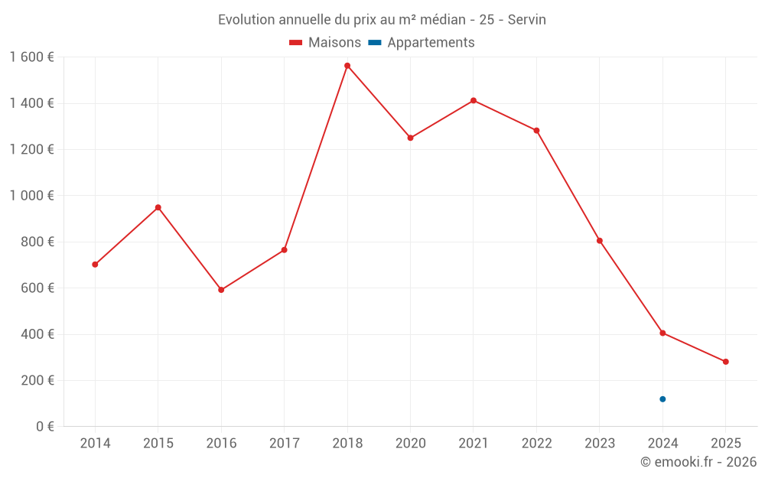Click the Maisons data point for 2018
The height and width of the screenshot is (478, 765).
(347, 66)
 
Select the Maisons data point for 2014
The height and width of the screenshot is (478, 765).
(95, 265)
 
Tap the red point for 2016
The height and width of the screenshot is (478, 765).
(221, 290)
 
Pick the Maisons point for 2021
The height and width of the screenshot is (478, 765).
(474, 100)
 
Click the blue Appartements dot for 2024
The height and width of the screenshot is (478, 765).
(662, 399)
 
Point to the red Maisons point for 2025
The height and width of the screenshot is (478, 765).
(725, 362)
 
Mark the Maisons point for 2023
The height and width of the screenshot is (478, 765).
(600, 241)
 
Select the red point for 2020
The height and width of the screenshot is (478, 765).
(410, 138)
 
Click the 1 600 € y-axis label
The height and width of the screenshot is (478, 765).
(31, 57)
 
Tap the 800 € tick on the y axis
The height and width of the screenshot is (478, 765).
(36, 242)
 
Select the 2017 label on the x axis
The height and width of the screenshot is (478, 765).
(284, 444)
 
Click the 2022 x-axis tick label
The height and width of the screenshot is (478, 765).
(536, 444)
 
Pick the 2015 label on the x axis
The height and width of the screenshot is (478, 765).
(158, 444)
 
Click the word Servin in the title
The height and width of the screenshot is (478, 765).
(527, 20)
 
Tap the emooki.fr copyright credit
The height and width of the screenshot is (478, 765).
(698, 462)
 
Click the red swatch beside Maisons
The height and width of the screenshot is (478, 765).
(296, 43)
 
